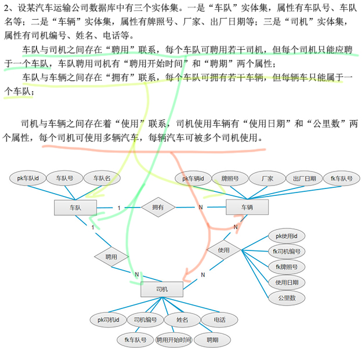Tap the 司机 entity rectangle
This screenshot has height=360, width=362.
[x=161, y=289]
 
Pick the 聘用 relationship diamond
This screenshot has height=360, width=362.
[x=111, y=256]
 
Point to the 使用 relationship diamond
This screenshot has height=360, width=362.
[x=223, y=250]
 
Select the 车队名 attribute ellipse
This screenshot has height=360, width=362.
[x=102, y=179]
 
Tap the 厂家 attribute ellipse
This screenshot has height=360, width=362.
[x=267, y=179]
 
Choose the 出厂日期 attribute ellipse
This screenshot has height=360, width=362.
[x=304, y=179]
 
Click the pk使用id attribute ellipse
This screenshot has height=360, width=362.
[x=286, y=236]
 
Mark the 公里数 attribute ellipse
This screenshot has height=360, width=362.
[x=286, y=297]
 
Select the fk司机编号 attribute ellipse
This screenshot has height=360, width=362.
[x=286, y=252]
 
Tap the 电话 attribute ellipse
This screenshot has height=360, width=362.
[x=219, y=319]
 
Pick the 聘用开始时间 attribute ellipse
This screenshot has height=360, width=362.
[x=173, y=340]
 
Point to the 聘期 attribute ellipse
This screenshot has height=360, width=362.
[x=212, y=340]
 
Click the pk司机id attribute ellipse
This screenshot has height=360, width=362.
[x=108, y=319]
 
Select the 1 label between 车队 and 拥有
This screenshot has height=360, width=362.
[x=119, y=208]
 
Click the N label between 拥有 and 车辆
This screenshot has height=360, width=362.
[x=201, y=208]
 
